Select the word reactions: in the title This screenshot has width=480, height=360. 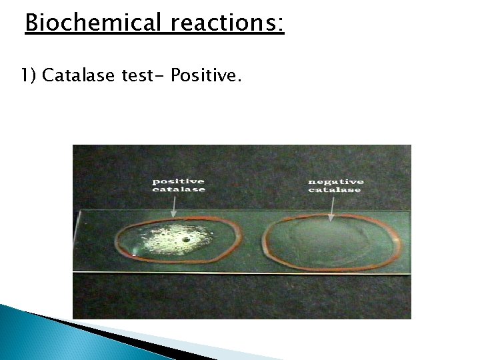pyautogui.click(x=227, y=24)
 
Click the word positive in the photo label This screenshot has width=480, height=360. pyautogui.click(x=178, y=181)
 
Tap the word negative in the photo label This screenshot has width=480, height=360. pyautogui.click(x=336, y=181)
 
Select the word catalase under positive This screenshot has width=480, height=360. pyautogui.click(x=178, y=190)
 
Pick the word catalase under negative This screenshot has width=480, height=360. pyautogui.click(x=335, y=190)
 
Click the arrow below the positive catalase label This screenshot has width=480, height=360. pyautogui.click(x=174, y=207)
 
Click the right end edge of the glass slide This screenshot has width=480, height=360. pyautogui.click(x=408, y=241)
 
